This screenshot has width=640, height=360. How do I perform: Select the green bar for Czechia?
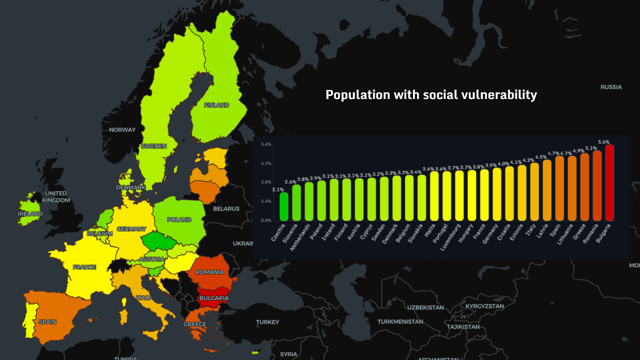tap(284, 206)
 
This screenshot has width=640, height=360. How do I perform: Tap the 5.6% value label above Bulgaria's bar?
tap(604, 142)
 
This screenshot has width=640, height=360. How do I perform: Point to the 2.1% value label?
tap(278, 190)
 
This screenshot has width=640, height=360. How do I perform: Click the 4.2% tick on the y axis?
tap(266, 163)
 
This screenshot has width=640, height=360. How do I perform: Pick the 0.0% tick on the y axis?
tap(266, 220)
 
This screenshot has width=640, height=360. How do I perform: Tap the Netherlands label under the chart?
tap(300, 237)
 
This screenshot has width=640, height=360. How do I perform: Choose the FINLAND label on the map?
tap(216, 105)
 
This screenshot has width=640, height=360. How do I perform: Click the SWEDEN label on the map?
tap(154, 146)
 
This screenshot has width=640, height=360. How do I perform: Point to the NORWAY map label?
tap(122, 130)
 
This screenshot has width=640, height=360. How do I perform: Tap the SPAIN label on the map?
tap(47, 322)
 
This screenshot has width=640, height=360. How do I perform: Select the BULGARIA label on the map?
tap(214, 298)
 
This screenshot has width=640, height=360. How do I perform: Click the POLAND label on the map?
tap(179, 220)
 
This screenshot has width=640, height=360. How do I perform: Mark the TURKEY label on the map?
tap(267, 322)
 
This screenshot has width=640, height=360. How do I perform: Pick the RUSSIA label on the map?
tap(611, 87)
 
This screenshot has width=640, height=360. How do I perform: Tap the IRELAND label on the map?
tap(30, 214)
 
